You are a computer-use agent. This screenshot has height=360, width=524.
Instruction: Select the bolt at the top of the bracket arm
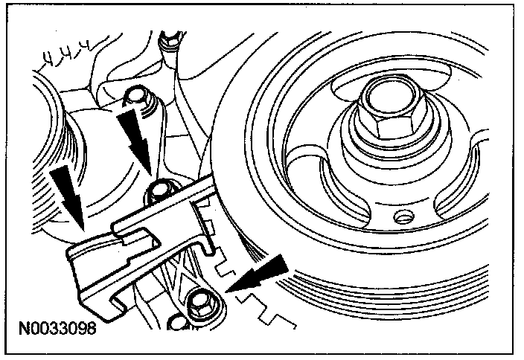click(135, 96)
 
